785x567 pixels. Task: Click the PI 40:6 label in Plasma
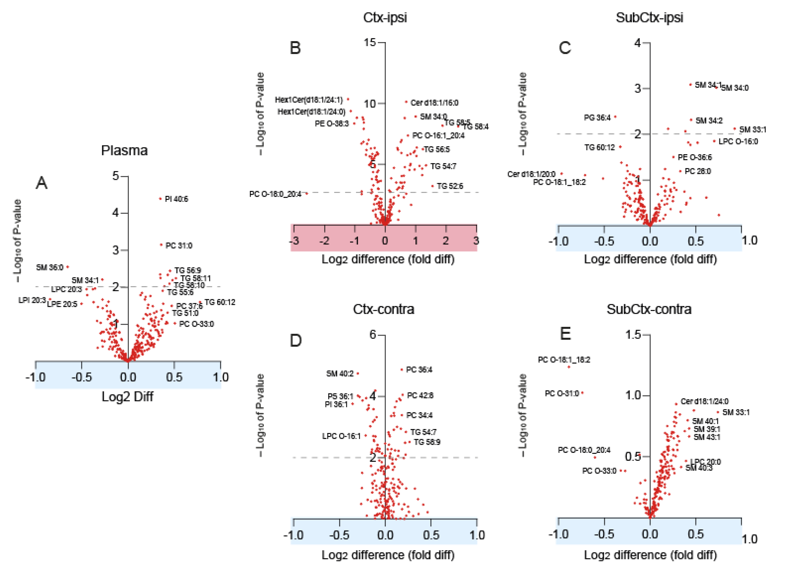(x=176, y=199)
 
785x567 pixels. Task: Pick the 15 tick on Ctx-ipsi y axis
(x=370, y=43)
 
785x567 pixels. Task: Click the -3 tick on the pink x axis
(x=294, y=241)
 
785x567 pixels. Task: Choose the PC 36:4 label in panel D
(x=419, y=370)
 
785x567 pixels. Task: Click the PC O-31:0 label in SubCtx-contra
(x=562, y=394)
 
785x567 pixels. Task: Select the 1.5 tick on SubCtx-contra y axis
(x=633, y=335)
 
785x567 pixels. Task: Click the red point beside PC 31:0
(x=161, y=245)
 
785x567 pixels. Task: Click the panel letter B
(x=295, y=48)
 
